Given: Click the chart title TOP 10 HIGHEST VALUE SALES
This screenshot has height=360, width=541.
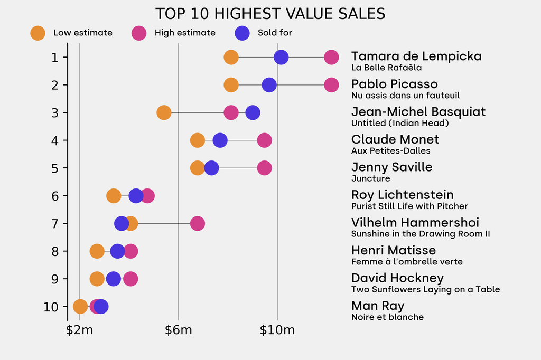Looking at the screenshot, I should pyautogui.click(x=270, y=14).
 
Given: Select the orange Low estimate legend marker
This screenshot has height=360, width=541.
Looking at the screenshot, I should pyautogui.click(x=38, y=33).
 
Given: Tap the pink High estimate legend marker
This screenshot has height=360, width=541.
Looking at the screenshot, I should pyautogui.click(x=138, y=33).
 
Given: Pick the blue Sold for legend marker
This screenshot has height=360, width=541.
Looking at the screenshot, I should pyautogui.click(x=241, y=33).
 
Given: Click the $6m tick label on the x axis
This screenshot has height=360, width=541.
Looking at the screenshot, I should pyautogui.click(x=178, y=331).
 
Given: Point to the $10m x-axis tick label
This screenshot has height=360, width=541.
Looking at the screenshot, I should pyautogui.click(x=277, y=331).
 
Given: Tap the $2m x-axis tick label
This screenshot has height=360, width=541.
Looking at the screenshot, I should pyautogui.click(x=80, y=331).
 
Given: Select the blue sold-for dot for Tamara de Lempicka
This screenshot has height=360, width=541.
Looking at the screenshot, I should pyautogui.click(x=281, y=57).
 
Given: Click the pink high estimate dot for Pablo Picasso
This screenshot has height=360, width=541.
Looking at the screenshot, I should pyautogui.click(x=331, y=84).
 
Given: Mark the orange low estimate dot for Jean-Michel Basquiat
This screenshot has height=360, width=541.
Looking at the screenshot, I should pyautogui.click(x=164, y=112).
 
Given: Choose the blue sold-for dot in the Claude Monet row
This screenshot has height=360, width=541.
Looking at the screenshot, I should pyautogui.click(x=220, y=140).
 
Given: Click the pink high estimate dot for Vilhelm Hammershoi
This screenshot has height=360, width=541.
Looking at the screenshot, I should pyautogui.click(x=197, y=223).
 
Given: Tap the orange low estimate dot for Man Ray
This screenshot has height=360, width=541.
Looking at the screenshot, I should pyautogui.click(x=80, y=306).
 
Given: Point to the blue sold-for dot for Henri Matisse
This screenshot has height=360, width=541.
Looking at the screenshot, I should pyautogui.click(x=117, y=251).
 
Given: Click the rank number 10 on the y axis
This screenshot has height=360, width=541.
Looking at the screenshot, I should pyautogui.click(x=51, y=306).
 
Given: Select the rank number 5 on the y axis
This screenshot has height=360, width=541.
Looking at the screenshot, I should pyautogui.click(x=55, y=168).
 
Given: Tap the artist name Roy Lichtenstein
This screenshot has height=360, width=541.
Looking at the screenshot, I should pyautogui.click(x=402, y=195).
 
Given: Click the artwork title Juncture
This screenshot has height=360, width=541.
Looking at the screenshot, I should pyautogui.click(x=370, y=178).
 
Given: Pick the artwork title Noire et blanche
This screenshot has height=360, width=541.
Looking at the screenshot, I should pyautogui.click(x=387, y=317).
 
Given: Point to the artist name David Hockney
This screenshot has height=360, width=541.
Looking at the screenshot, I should pyautogui.click(x=397, y=278).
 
